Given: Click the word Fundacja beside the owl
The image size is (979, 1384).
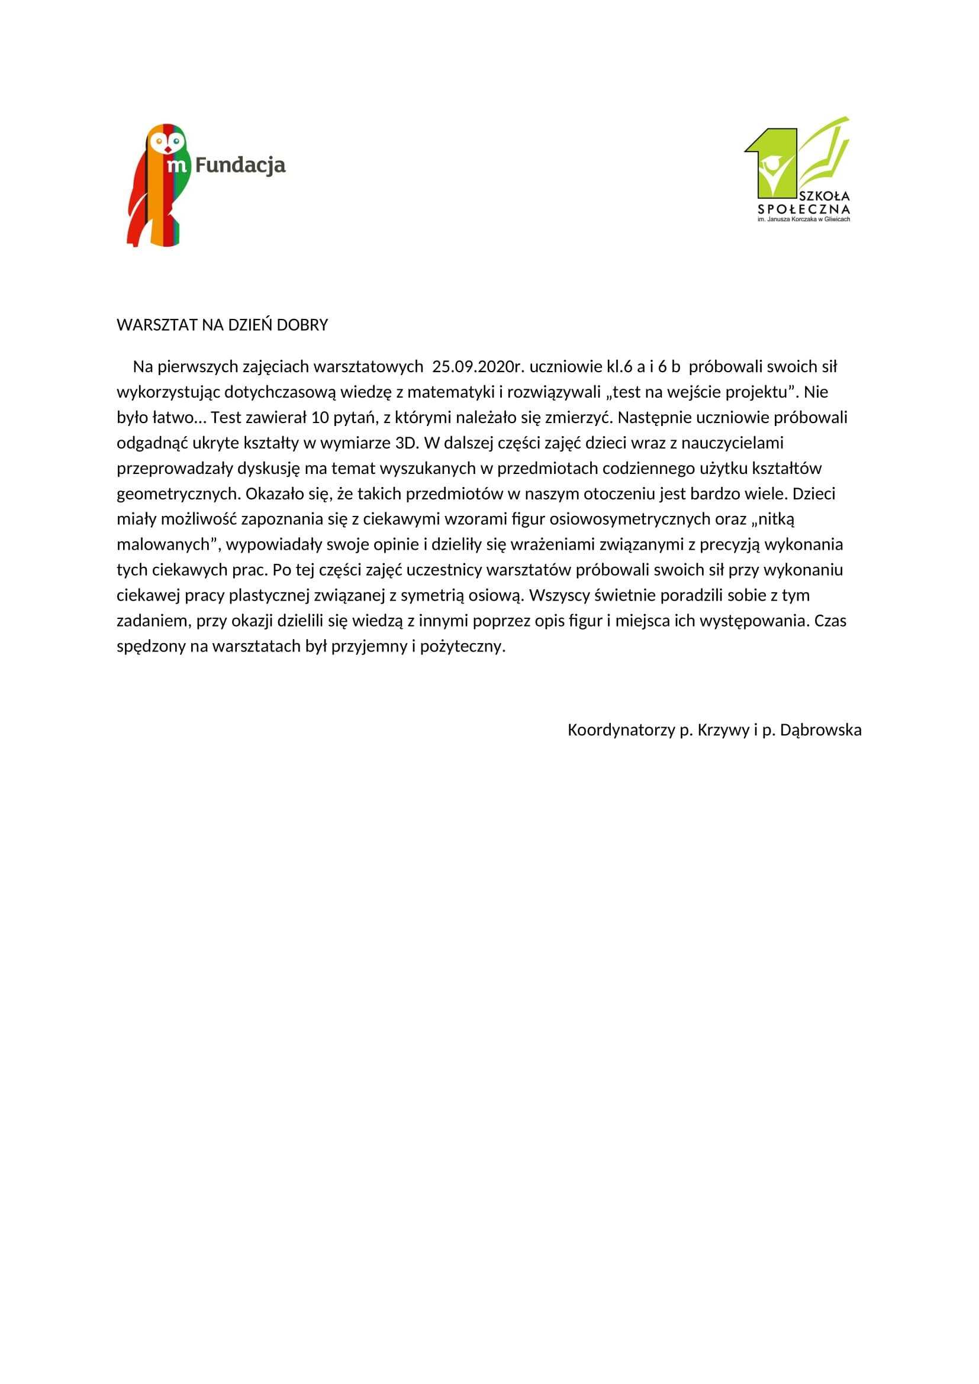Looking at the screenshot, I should click(240, 164).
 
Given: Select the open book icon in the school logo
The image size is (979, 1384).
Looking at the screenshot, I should click(825, 153).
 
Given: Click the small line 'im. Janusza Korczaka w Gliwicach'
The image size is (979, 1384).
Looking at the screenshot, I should click(804, 220).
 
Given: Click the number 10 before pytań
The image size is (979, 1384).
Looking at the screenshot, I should click(319, 417).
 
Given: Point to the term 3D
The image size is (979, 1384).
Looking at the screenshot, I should click(406, 443).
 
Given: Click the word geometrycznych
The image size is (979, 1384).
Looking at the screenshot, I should click(178, 493).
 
